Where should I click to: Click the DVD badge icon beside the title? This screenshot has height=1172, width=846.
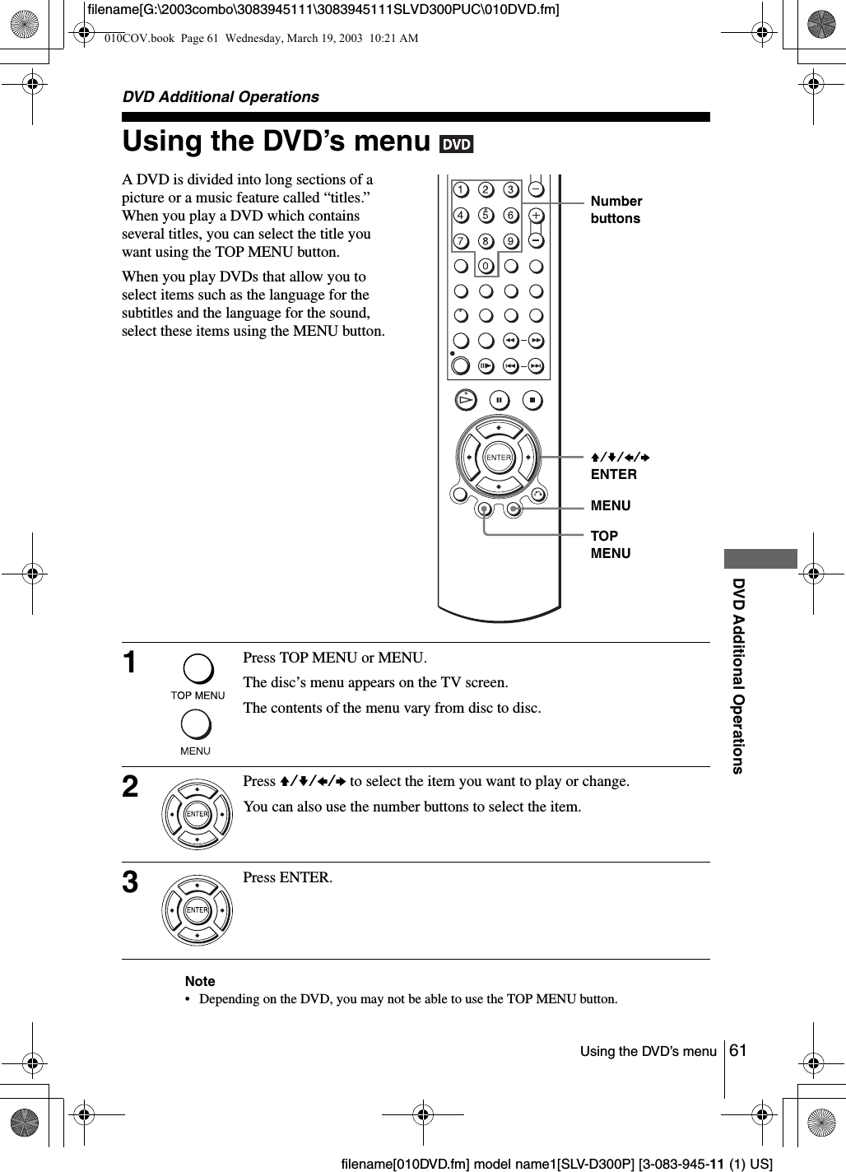click(x=456, y=144)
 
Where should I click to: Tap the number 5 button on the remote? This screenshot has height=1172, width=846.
click(x=485, y=216)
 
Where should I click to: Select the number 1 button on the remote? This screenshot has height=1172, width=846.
click(x=460, y=191)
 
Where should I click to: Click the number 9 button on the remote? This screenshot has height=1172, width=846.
click(x=510, y=241)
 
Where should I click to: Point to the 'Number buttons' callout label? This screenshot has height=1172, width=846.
click(x=616, y=210)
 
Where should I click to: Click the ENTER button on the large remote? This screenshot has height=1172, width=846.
click(x=498, y=457)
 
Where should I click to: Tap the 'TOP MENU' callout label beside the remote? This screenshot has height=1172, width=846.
click(x=611, y=544)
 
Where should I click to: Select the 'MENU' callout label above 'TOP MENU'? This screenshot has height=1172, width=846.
click(x=611, y=505)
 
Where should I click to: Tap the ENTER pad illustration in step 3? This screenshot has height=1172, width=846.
click(x=198, y=909)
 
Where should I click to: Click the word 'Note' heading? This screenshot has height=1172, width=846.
click(x=200, y=981)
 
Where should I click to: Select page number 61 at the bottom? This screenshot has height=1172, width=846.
click(x=738, y=1050)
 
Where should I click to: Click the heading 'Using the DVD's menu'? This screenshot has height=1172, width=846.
click(x=277, y=142)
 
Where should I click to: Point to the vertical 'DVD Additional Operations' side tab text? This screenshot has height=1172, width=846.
click(x=738, y=675)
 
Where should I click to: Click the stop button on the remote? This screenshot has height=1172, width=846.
click(x=532, y=400)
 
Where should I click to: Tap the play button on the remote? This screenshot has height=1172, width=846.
click(x=467, y=400)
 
